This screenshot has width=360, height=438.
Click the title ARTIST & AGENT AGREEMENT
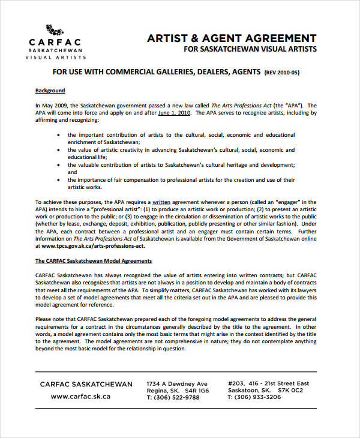pos(232,37)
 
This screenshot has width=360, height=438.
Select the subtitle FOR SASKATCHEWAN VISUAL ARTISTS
pos(250,49)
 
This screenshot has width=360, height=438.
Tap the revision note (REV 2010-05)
pos(281,73)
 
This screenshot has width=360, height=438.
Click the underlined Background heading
pos(50,91)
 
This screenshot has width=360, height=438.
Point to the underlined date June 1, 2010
pos(174,112)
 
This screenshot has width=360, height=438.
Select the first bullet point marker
pos(58,135)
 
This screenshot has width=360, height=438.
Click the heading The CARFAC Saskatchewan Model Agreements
pos(94,261)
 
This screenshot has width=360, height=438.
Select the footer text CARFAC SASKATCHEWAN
pos(86,384)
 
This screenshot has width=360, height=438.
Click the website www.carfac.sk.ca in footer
pos(80,397)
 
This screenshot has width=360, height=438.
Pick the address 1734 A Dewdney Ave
pos(177,384)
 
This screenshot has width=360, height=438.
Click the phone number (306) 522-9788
pos(173,397)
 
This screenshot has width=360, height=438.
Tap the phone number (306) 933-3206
pos(254,397)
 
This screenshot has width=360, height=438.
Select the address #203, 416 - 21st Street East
pos(269,384)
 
